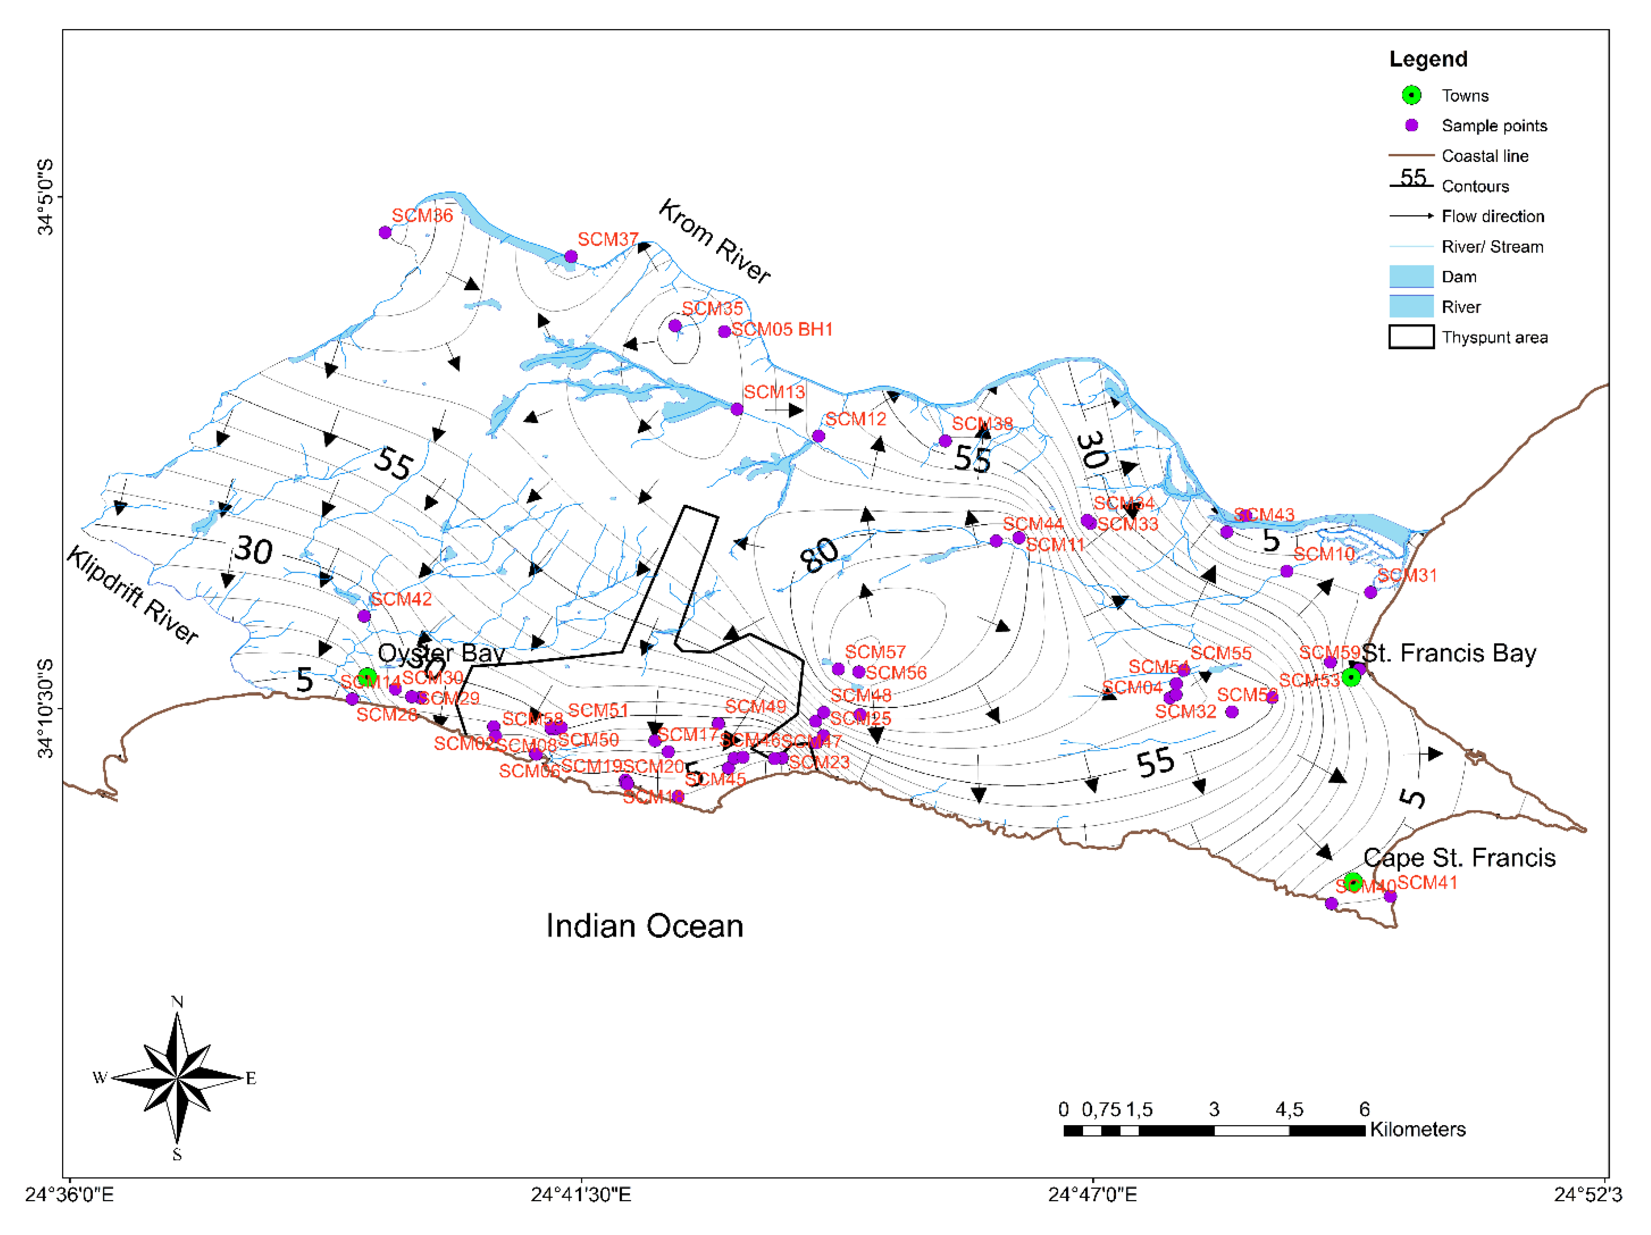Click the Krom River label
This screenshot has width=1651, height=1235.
(714, 241)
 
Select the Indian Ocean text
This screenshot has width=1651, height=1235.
(644, 926)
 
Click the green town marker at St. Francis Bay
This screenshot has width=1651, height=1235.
(1350, 677)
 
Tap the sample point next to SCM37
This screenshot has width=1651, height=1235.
(571, 257)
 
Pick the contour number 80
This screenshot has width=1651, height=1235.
(819, 555)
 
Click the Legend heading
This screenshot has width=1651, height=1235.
(1428, 59)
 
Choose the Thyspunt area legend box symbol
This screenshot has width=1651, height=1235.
(1411, 337)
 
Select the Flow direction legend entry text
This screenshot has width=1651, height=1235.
(1493, 216)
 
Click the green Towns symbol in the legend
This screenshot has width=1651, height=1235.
(1411, 95)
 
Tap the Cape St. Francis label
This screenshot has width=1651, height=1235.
(1459, 858)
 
